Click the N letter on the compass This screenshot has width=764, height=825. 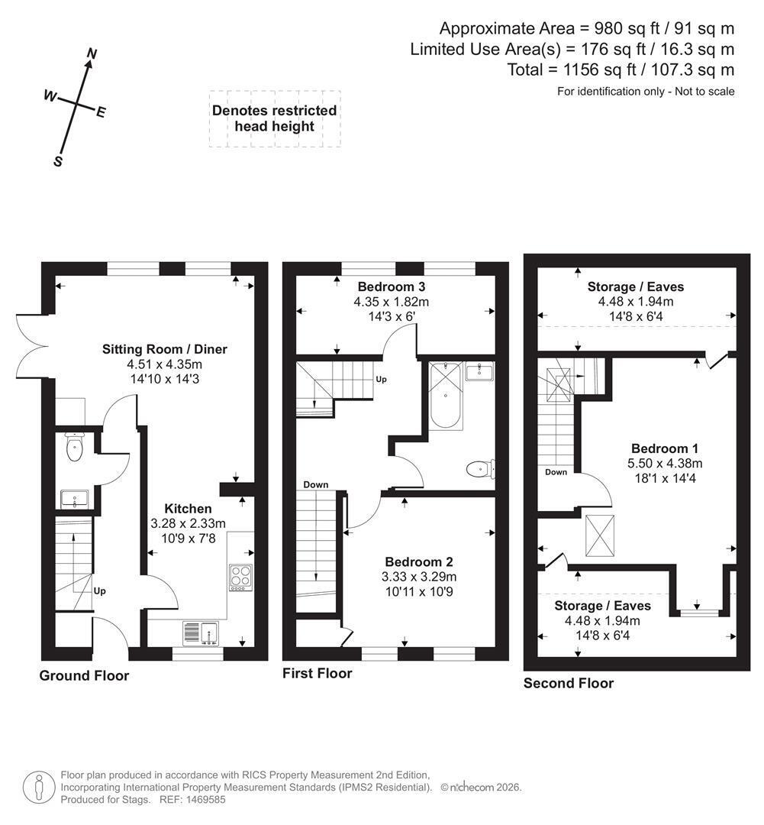(x=92, y=53)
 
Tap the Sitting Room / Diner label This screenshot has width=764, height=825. (x=165, y=349)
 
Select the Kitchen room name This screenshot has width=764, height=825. (x=189, y=509)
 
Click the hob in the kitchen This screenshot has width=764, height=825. (x=241, y=577)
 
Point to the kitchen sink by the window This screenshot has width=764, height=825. (x=201, y=633)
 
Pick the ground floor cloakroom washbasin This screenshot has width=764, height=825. (x=75, y=499)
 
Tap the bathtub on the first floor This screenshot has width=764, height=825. (x=446, y=395)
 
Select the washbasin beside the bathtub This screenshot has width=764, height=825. (x=479, y=371)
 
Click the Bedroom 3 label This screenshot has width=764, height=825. (x=392, y=286)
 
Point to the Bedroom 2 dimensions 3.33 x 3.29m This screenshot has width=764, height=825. (x=419, y=577)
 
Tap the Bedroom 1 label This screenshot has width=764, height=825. (x=665, y=448)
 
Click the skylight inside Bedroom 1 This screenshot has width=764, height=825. (x=599, y=535)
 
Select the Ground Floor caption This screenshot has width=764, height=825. (x=84, y=675)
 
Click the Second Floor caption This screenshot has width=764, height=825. (x=569, y=683)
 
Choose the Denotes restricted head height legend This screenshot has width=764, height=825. (x=275, y=118)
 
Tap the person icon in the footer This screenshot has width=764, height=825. (x=39, y=788)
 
